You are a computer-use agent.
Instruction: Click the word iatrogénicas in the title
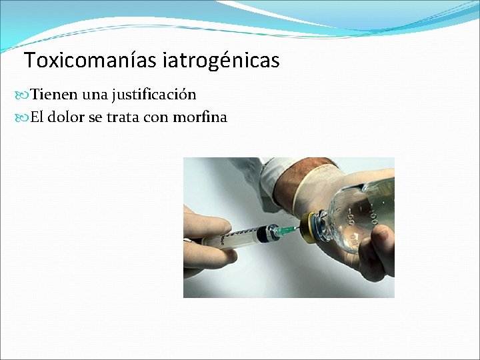220,61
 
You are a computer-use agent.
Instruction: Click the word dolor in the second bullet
67,117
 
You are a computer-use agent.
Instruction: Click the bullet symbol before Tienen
24,95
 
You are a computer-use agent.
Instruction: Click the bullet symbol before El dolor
24,118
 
